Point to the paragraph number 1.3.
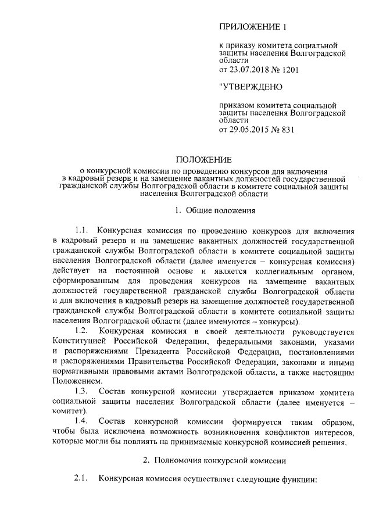point(84,389)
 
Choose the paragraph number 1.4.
point(84,420)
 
